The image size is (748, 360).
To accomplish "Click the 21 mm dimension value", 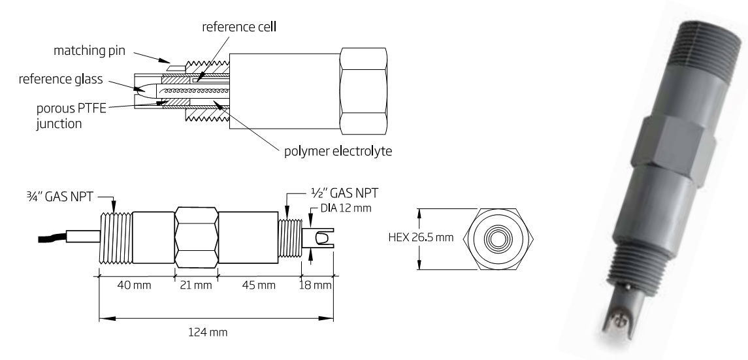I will tap(195, 286).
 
